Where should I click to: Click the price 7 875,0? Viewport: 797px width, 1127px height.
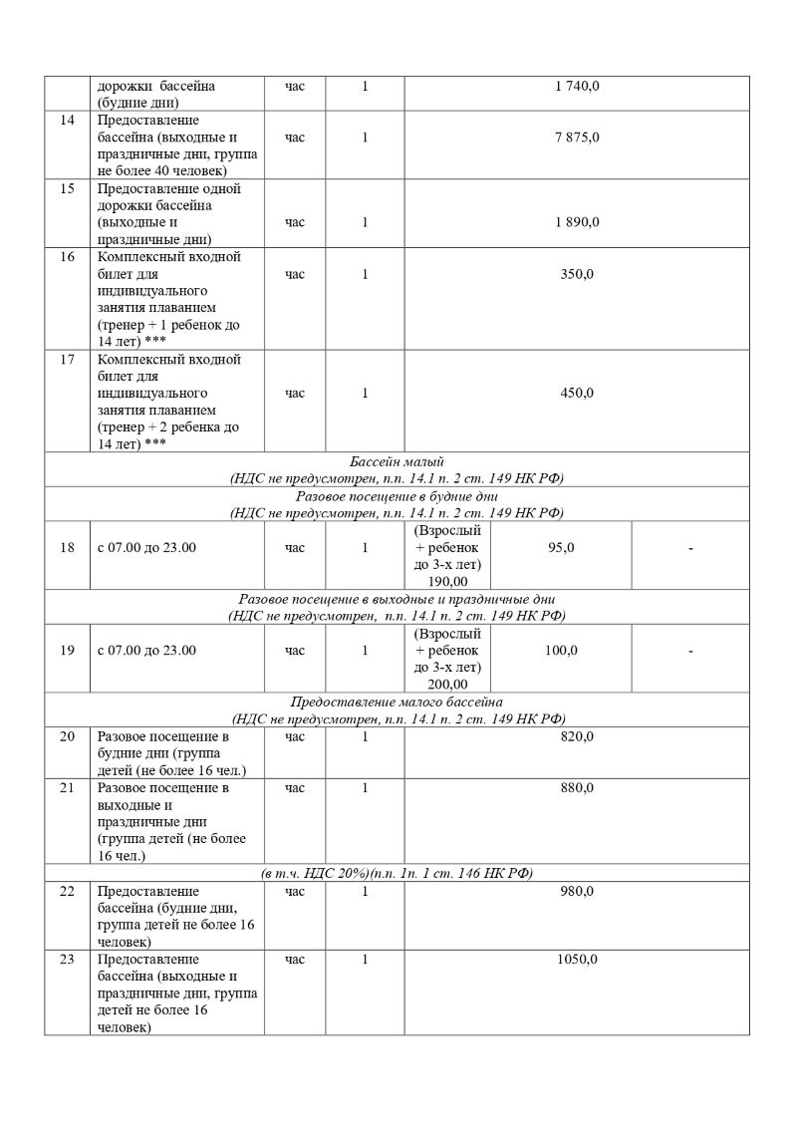tap(577, 137)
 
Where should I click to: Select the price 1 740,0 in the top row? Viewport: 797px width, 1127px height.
tap(577, 86)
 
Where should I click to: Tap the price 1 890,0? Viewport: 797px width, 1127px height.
tap(577, 222)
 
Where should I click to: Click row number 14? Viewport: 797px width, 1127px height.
tap(68, 120)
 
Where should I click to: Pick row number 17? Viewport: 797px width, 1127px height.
tap(68, 359)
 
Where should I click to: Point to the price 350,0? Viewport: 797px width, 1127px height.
tap(577, 274)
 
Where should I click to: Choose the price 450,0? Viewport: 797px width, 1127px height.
tap(577, 393)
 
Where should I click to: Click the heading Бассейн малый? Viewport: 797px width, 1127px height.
tap(397, 461)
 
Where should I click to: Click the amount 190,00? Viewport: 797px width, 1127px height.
tap(447, 581)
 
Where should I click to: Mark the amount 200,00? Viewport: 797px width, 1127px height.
tap(447, 684)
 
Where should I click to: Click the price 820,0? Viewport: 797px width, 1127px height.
tap(577, 736)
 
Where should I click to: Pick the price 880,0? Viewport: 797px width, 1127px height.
tap(577, 787)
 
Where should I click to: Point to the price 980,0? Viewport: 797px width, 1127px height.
tap(577, 890)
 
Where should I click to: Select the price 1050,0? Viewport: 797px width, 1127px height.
tap(577, 959)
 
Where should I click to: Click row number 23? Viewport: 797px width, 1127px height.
tap(68, 959)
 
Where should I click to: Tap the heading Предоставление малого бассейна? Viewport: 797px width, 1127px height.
tap(397, 702)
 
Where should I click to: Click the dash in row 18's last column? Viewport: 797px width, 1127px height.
tap(690, 548)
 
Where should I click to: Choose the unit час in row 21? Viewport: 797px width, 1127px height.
tap(295, 787)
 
